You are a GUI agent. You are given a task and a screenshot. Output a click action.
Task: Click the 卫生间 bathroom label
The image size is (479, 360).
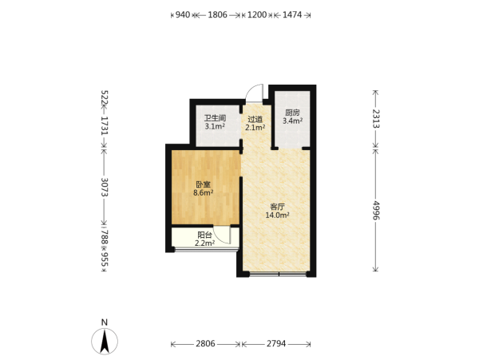pos(215,118)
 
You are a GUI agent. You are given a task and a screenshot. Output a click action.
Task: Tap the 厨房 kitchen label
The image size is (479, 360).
pos(292,113)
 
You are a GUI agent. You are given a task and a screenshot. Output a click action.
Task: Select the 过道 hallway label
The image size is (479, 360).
pos(255,119)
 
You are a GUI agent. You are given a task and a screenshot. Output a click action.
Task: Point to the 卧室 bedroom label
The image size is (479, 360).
pos(203,184)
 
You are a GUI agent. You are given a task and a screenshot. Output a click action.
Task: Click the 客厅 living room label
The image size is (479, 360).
pos(277,207)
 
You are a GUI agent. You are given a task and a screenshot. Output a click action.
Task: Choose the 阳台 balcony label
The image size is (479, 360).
pos(204,235)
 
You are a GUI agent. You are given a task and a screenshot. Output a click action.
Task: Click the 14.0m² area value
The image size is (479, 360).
pos(277,215)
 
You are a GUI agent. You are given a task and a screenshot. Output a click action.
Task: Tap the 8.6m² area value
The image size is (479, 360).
pos(203,193)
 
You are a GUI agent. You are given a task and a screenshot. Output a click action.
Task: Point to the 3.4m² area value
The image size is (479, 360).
pos(292,121)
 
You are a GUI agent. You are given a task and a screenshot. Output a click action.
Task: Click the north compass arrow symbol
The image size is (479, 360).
pos(105,342)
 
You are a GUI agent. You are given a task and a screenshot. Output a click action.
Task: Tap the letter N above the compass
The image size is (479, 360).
pos(105,322)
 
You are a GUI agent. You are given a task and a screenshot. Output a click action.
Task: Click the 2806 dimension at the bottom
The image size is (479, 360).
pos(205,344)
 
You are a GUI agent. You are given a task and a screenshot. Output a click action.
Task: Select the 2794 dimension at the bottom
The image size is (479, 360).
pos(276,344)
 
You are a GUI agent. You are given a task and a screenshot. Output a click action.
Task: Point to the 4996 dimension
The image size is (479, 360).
pos(376,211)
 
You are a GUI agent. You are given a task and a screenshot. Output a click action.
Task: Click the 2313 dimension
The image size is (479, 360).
pos(376,119)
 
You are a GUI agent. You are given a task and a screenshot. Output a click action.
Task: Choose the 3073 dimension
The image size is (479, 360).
pos(105,187)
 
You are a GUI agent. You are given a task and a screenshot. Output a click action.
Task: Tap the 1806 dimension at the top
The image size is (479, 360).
pos(217,14)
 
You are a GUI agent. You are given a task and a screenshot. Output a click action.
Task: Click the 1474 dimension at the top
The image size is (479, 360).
pos(292,14)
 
